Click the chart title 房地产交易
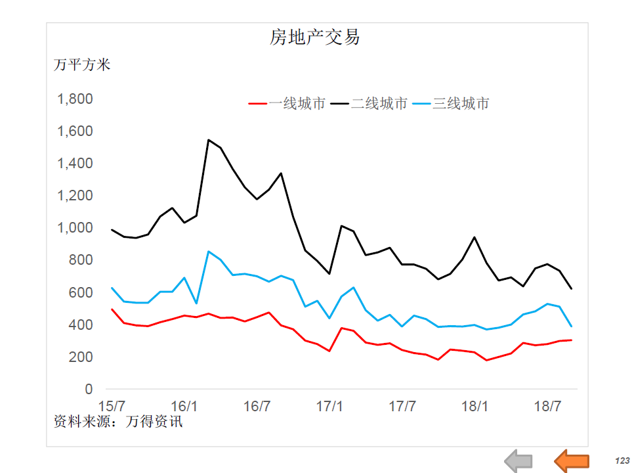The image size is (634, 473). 315,37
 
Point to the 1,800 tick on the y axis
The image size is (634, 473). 75,99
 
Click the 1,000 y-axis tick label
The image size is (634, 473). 75,228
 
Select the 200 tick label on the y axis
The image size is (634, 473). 80,357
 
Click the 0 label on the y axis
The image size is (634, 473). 89,389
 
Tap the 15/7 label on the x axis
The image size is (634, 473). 112,405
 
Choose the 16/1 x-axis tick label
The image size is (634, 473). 184,405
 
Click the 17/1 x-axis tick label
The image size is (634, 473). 330,405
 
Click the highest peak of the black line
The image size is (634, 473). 208,140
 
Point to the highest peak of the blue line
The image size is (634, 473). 208,252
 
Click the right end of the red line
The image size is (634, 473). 571,340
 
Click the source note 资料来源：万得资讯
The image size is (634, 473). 118,422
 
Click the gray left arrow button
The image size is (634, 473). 518,461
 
